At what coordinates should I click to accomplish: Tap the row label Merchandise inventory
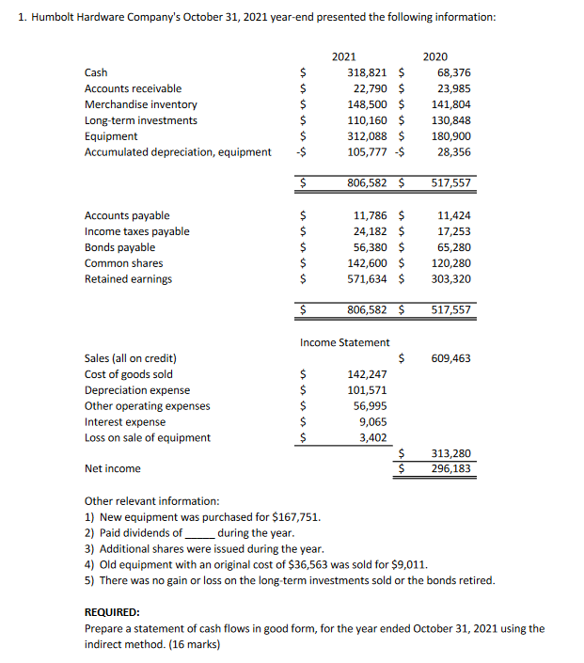pyautogui.click(x=141, y=104)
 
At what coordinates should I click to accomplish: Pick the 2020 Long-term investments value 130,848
pyautogui.click(x=450, y=120)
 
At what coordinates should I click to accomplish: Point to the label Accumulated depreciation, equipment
pyautogui.click(x=178, y=152)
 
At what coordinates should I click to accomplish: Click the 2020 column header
pyautogui.click(x=435, y=56)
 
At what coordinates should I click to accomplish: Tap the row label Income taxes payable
pyautogui.click(x=137, y=231)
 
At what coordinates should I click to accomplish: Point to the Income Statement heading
pyautogui.click(x=344, y=342)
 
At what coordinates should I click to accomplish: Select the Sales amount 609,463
pyautogui.click(x=450, y=358)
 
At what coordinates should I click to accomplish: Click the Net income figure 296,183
pyautogui.click(x=450, y=468)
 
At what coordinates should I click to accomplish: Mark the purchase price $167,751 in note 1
pyautogui.click(x=295, y=517)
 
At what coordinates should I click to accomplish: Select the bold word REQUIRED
pyautogui.click(x=112, y=611)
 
